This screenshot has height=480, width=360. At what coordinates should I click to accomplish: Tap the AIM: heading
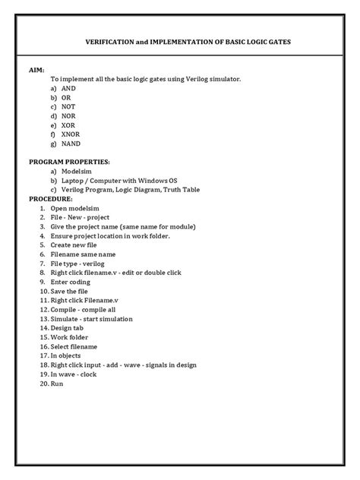pyautogui.click(x=37, y=68)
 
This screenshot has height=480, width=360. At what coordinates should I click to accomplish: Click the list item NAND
pyautogui.click(x=71, y=143)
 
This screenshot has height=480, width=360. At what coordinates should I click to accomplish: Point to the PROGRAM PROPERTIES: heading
pyautogui.click(x=69, y=162)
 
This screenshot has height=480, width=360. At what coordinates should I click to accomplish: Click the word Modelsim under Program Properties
pyautogui.click(x=77, y=172)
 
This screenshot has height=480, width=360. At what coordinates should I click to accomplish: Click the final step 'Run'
pyautogui.click(x=58, y=383)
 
